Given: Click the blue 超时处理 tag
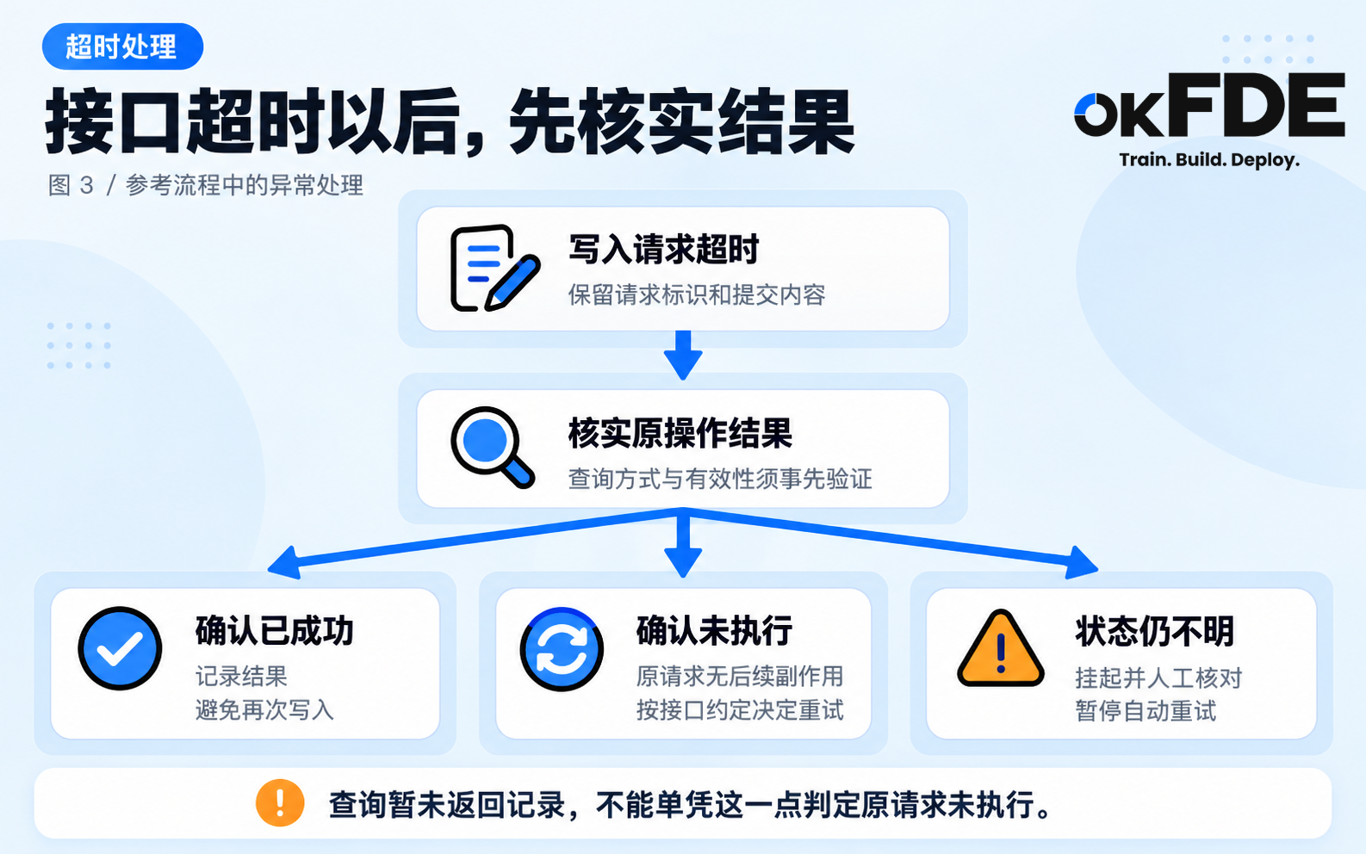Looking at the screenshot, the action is (122, 46).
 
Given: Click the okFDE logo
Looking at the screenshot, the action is (1209, 105).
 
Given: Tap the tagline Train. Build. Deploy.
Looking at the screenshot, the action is (1209, 160).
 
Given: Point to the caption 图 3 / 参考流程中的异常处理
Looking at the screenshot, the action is (206, 185).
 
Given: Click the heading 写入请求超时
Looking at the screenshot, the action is (663, 249).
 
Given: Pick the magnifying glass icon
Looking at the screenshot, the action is (493, 447).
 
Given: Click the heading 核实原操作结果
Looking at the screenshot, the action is (680, 433).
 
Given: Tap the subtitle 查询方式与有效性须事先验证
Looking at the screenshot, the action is (720, 479).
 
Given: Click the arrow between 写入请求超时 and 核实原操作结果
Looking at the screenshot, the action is (683, 356).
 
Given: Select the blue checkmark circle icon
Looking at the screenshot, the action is (120, 648).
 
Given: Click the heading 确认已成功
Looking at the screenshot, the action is (275, 630).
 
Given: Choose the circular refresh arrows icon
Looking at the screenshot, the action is (562, 648).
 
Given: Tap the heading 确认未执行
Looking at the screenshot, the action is (714, 630).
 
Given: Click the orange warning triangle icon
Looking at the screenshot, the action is (1001, 648).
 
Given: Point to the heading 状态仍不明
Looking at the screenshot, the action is (1154, 631).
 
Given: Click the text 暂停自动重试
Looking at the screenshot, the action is (1146, 711).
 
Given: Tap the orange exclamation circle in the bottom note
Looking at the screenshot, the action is (280, 803).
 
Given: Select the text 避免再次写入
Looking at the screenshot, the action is (264, 710).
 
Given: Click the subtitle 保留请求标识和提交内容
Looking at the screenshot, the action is (697, 294).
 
